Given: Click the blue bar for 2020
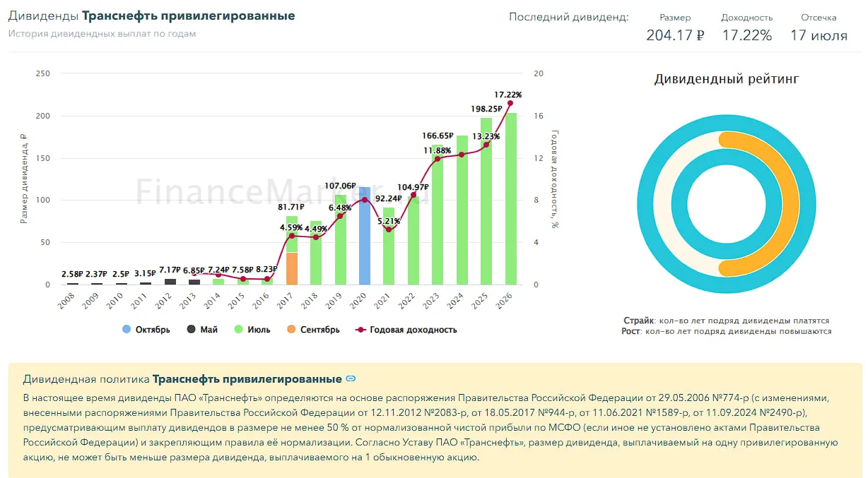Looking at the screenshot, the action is pyautogui.click(x=364, y=236).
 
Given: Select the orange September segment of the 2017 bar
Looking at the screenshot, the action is pyautogui.click(x=292, y=268).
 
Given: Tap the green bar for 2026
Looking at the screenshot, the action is pyautogui.click(x=511, y=199).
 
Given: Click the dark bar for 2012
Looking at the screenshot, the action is pyautogui.click(x=170, y=282).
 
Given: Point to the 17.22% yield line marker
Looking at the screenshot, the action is pyautogui.click(x=510, y=103).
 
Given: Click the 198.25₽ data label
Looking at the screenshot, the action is pyautogui.click(x=486, y=109).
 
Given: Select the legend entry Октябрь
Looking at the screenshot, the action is pyautogui.click(x=146, y=330).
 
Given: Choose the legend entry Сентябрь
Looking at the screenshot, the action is pyautogui.click(x=313, y=330).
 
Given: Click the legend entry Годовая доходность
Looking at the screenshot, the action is pyautogui.click(x=406, y=330).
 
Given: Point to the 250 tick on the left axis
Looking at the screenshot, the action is pyautogui.click(x=42, y=73).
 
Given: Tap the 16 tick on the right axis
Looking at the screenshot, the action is pyautogui.click(x=538, y=116).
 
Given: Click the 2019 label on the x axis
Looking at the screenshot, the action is pyautogui.click(x=334, y=301).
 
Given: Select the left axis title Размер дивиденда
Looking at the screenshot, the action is pyautogui.click(x=23, y=179).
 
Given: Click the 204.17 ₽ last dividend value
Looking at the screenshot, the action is pyautogui.click(x=675, y=35).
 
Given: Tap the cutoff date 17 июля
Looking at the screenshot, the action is pyautogui.click(x=819, y=35).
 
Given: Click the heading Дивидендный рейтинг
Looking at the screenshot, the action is pyautogui.click(x=727, y=79).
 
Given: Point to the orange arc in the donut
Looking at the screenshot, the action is pyautogui.click(x=791, y=204).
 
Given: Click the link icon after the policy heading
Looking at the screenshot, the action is pyautogui.click(x=351, y=378).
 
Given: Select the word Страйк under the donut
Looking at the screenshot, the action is pyautogui.click(x=638, y=321).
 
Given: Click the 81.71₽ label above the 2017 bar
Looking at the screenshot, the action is pyautogui.click(x=291, y=208).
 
